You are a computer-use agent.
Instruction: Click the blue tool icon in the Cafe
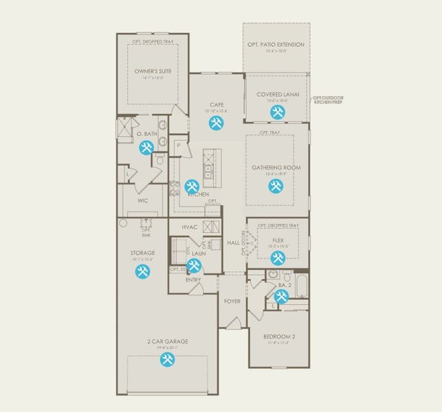(x=216, y=123)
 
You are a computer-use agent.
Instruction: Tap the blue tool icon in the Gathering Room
(x=276, y=185)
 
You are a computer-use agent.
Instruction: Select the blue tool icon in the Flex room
(x=277, y=257)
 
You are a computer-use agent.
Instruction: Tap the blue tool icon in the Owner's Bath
(x=146, y=147)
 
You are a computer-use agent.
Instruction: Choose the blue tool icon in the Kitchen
(x=192, y=185)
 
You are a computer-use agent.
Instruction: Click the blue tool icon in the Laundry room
(x=194, y=265)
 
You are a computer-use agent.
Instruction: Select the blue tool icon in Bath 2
(x=282, y=296)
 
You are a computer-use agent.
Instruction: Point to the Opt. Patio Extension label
(x=276, y=45)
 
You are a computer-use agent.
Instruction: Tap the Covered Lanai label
(x=276, y=94)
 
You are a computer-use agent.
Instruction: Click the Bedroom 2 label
(x=279, y=337)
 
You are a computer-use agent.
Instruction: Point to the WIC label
(x=143, y=201)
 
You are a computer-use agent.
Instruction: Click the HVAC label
(x=190, y=227)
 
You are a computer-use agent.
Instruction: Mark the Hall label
(x=234, y=243)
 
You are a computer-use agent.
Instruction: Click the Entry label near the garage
(x=193, y=280)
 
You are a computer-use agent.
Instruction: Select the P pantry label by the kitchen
(x=178, y=146)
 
